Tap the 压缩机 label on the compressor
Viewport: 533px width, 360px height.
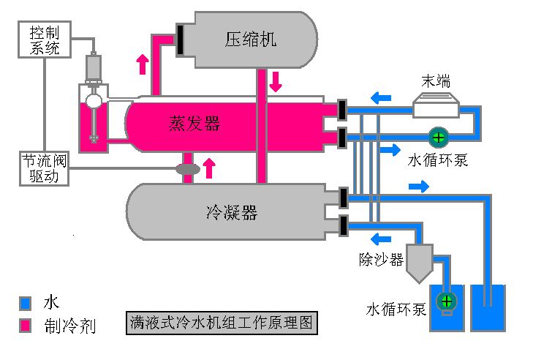point(250,40)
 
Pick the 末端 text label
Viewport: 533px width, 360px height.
point(436,81)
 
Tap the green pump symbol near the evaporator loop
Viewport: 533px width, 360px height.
point(438,137)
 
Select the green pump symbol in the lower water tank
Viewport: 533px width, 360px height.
point(446,301)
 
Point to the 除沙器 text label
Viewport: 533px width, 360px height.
point(381,260)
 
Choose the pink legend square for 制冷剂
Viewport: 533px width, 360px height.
point(26,325)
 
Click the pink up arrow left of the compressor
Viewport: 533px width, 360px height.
point(142,64)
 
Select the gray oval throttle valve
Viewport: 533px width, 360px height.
point(188,169)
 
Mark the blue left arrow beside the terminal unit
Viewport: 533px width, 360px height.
point(380,97)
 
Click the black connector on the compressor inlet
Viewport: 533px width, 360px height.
point(179,39)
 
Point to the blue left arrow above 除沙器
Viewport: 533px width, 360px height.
point(380,238)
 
